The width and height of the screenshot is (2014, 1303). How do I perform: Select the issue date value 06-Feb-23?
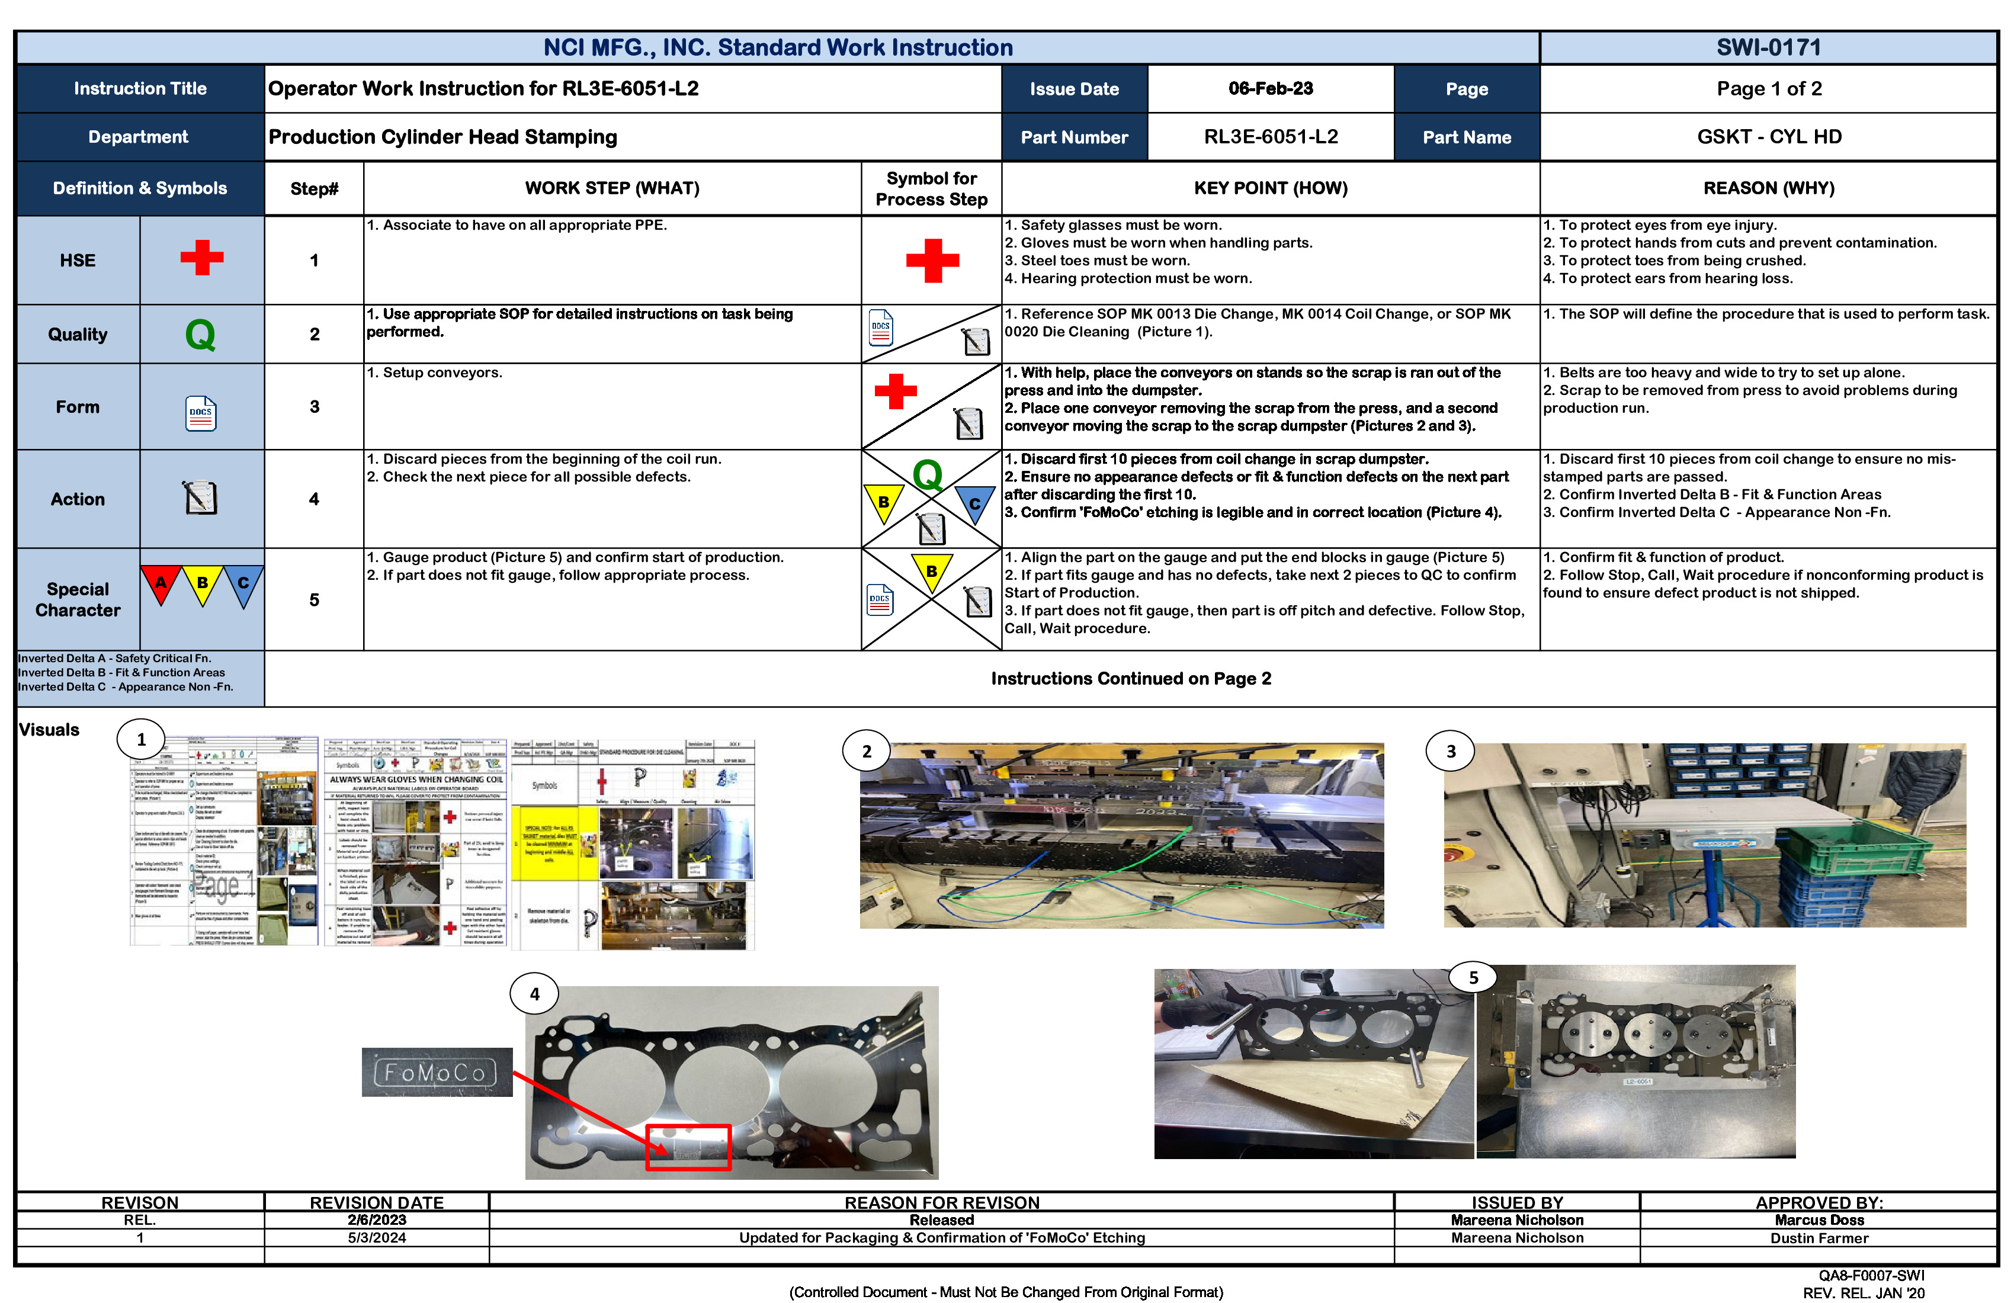click(x=1270, y=89)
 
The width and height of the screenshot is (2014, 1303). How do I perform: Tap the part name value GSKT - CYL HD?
click(x=1769, y=137)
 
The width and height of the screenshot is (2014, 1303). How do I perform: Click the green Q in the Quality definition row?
click(x=201, y=334)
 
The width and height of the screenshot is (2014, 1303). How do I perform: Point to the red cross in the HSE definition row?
click(x=201, y=258)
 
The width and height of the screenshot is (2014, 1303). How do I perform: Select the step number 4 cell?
click(x=314, y=499)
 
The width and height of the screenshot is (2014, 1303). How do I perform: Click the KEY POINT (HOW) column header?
click(x=1270, y=188)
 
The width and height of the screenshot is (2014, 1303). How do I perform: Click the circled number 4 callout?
click(x=534, y=994)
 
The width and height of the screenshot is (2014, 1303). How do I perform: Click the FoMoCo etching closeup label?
click(x=437, y=1073)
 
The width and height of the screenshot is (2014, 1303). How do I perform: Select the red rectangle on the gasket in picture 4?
click(x=688, y=1147)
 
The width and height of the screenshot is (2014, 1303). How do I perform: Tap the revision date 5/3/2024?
click(x=377, y=1238)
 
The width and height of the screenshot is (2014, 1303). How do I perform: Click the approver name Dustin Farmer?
click(x=1819, y=1238)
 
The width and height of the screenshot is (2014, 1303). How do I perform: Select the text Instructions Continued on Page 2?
click(x=1131, y=679)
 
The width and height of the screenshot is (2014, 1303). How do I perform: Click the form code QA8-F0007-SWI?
click(x=1871, y=1275)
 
